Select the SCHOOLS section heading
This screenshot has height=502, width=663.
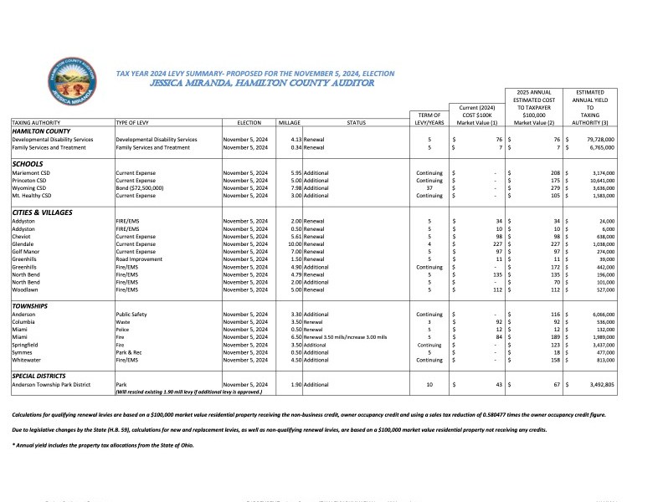[x=28, y=163]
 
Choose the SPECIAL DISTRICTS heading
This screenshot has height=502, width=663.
[x=42, y=376]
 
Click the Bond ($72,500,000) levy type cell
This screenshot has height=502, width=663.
[x=141, y=187]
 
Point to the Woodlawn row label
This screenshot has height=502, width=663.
[x=28, y=290]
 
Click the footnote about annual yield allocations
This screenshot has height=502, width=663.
[x=103, y=444]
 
